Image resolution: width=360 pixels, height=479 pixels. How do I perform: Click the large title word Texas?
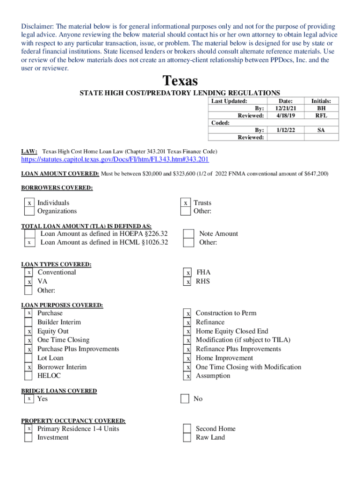(180, 81)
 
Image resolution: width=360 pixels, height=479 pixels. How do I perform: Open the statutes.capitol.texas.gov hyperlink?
(115, 160)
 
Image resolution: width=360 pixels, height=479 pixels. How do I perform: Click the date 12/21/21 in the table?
(285, 108)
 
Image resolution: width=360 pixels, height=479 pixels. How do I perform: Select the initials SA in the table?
(321, 130)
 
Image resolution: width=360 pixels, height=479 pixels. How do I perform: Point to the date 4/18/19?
(285, 115)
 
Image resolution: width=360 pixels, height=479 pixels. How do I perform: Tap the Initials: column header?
(321, 101)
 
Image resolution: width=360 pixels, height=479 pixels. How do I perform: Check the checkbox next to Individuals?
(29, 203)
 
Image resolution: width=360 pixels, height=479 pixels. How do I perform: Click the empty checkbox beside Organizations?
(29, 211)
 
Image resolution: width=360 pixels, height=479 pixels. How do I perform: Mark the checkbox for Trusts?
(186, 203)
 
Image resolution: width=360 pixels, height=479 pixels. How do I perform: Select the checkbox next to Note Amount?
(188, 234)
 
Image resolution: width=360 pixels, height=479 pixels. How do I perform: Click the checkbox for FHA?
(188, 273)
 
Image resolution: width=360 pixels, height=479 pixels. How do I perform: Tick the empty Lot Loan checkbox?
(29, 358)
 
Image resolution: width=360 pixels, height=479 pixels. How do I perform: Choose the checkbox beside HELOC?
(29, 376)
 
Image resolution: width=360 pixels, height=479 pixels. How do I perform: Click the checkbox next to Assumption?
(188, 376)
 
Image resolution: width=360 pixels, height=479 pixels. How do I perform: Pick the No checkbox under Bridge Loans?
(185, 399)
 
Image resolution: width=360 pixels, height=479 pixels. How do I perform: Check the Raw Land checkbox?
(187, 438)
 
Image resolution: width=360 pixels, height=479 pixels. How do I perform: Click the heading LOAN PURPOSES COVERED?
(62, 305)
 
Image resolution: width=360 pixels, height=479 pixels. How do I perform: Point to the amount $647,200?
(317, 174)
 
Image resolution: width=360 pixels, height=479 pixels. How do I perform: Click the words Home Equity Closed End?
(232, 331)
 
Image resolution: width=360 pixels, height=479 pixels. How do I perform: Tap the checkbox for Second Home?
(187, 429)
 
